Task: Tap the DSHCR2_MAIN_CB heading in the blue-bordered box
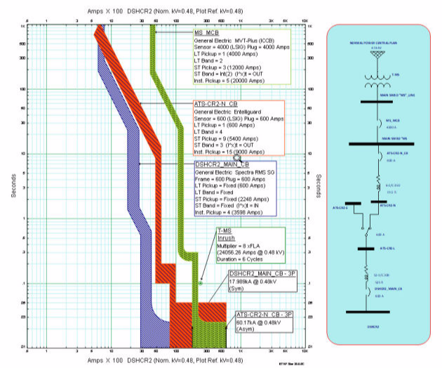[x=222, y=164]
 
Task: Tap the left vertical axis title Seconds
[x=13, y=182]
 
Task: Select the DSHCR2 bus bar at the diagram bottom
[x=377, y=311]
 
